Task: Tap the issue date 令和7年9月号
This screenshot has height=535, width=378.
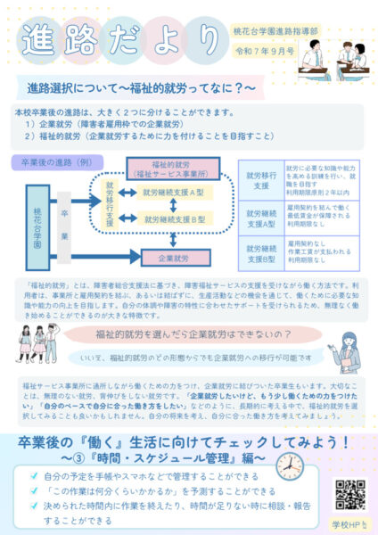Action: (x=265, y=49)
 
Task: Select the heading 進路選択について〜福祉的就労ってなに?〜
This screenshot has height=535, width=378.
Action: (x=142, y=90)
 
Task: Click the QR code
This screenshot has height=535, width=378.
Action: (x=349, y=493)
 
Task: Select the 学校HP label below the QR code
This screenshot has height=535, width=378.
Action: (x=349, y=522)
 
